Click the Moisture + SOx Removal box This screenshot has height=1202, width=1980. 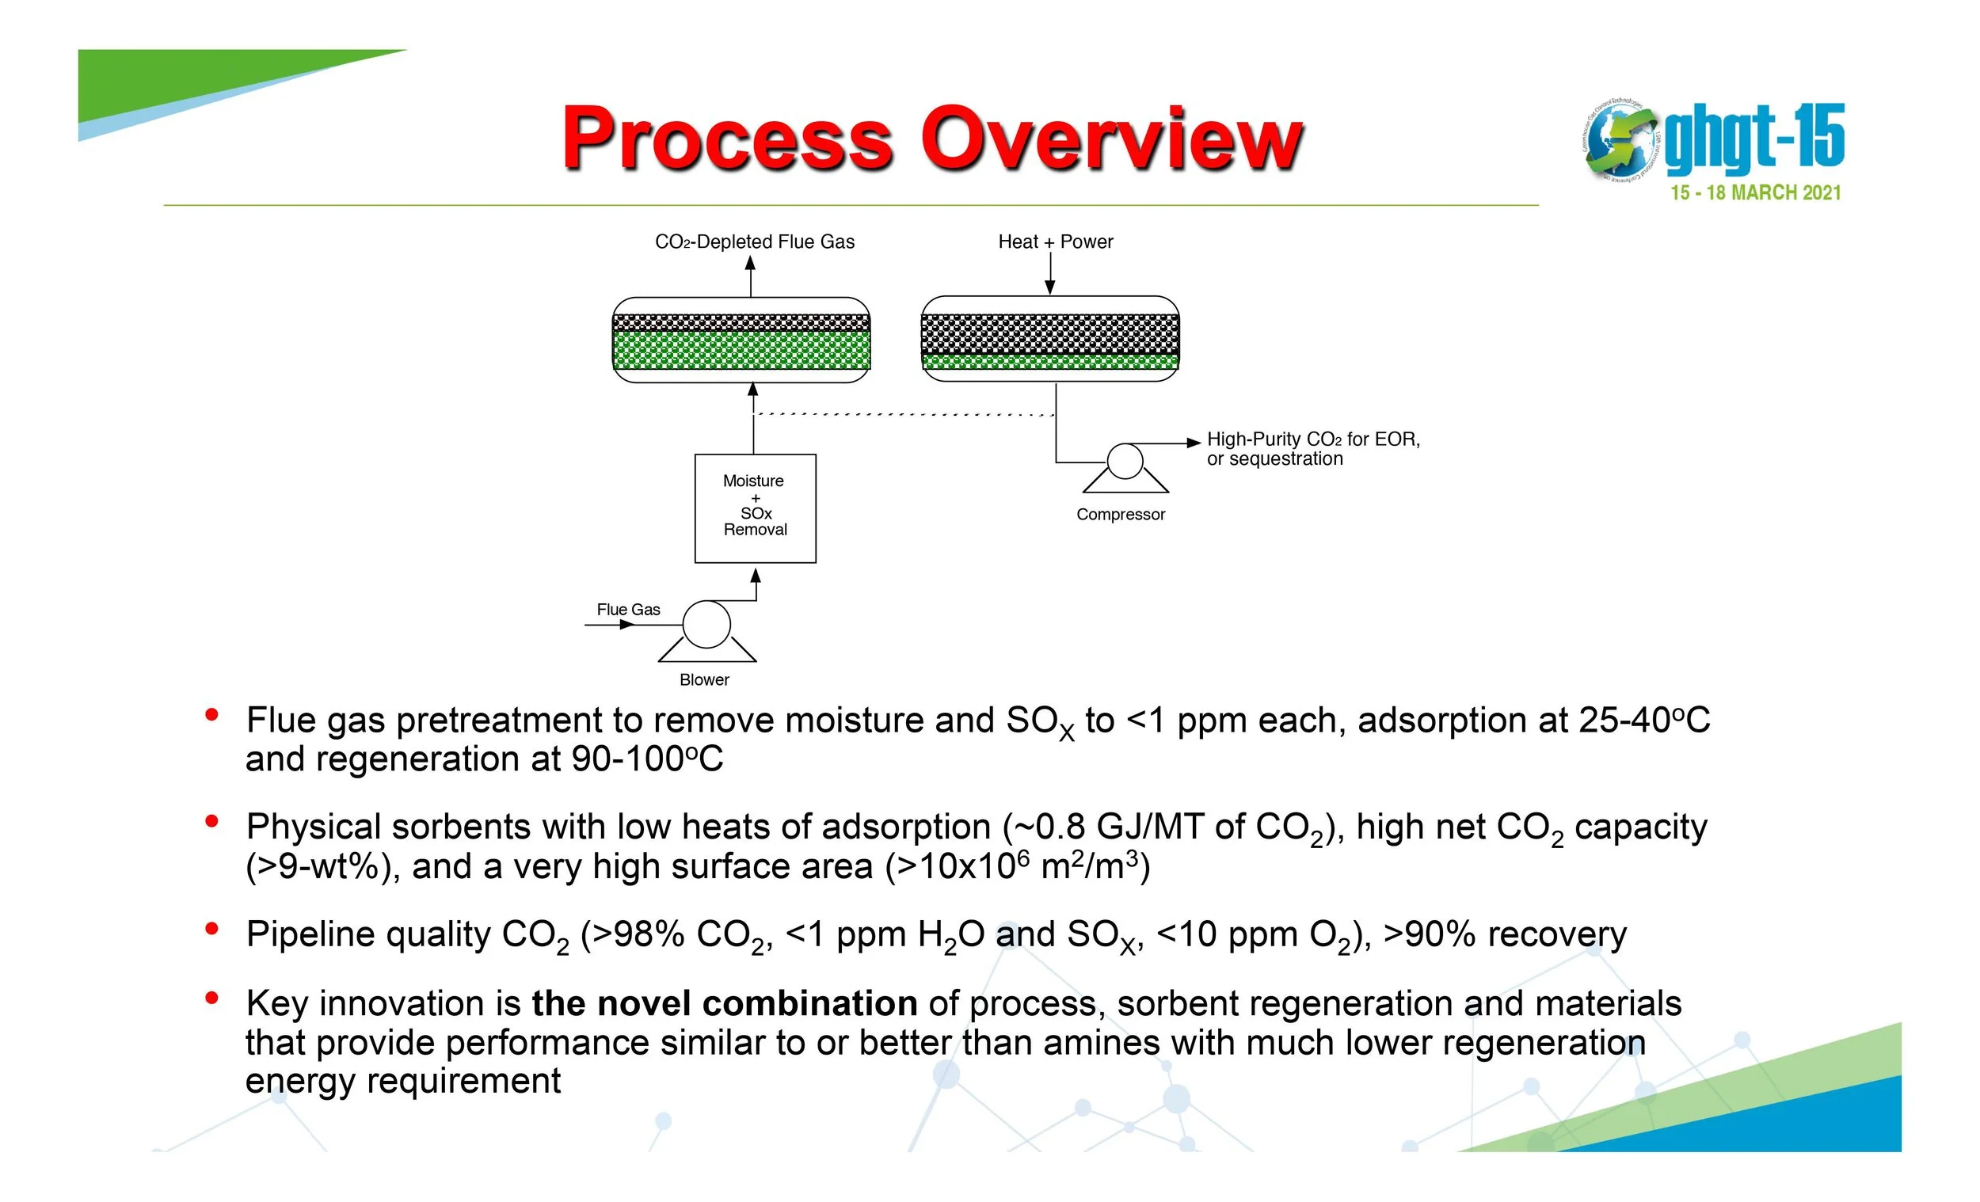755,508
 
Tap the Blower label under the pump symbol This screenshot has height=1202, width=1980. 704,679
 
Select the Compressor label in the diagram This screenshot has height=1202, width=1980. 1120,514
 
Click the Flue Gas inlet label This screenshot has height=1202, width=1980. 627,610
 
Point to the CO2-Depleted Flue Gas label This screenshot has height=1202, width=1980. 755,242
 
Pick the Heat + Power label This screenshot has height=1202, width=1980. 1055,242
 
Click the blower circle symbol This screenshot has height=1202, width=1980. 706,624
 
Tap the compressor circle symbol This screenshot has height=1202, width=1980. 1125,461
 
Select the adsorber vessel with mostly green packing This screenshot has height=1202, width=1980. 741,340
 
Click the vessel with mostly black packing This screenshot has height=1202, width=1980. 1049,338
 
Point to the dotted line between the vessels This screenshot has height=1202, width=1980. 904,415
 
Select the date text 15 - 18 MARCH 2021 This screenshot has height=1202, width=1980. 1755,193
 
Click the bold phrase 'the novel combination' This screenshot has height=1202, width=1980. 724,1003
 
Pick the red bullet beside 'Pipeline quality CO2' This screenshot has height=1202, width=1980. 212,930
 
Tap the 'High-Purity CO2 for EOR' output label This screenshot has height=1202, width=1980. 1313,439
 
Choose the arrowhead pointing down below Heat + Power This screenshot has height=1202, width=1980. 1049,287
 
